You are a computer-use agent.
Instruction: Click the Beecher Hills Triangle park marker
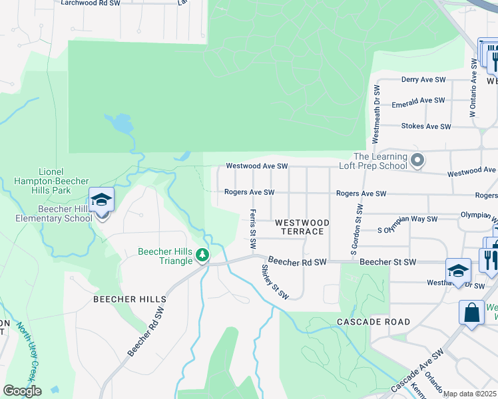202,255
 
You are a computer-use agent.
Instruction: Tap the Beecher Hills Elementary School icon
101,199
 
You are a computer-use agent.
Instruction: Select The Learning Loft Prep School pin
417,160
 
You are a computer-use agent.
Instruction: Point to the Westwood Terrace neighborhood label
299,227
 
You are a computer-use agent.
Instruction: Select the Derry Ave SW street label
423,80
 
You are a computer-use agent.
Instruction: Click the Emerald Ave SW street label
417,101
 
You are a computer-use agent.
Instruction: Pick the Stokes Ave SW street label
426,126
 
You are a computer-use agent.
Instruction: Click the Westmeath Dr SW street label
377,114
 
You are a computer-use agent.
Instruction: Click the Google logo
23,391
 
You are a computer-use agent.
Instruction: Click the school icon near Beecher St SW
458,270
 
